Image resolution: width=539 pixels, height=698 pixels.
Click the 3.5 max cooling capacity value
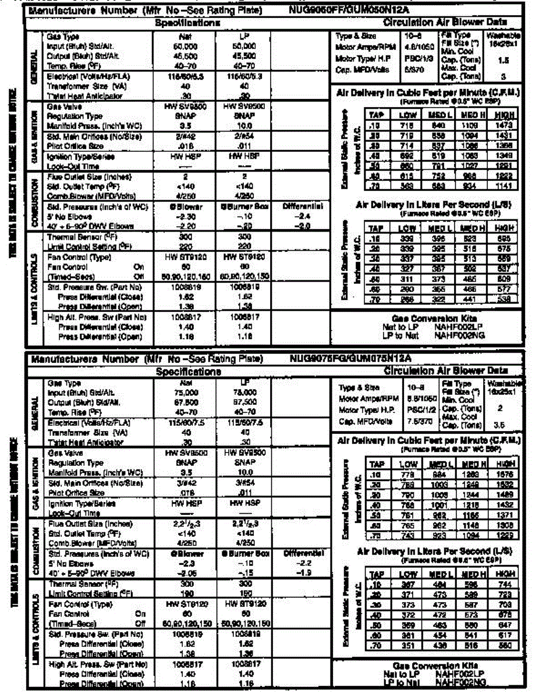coord(502,425)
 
